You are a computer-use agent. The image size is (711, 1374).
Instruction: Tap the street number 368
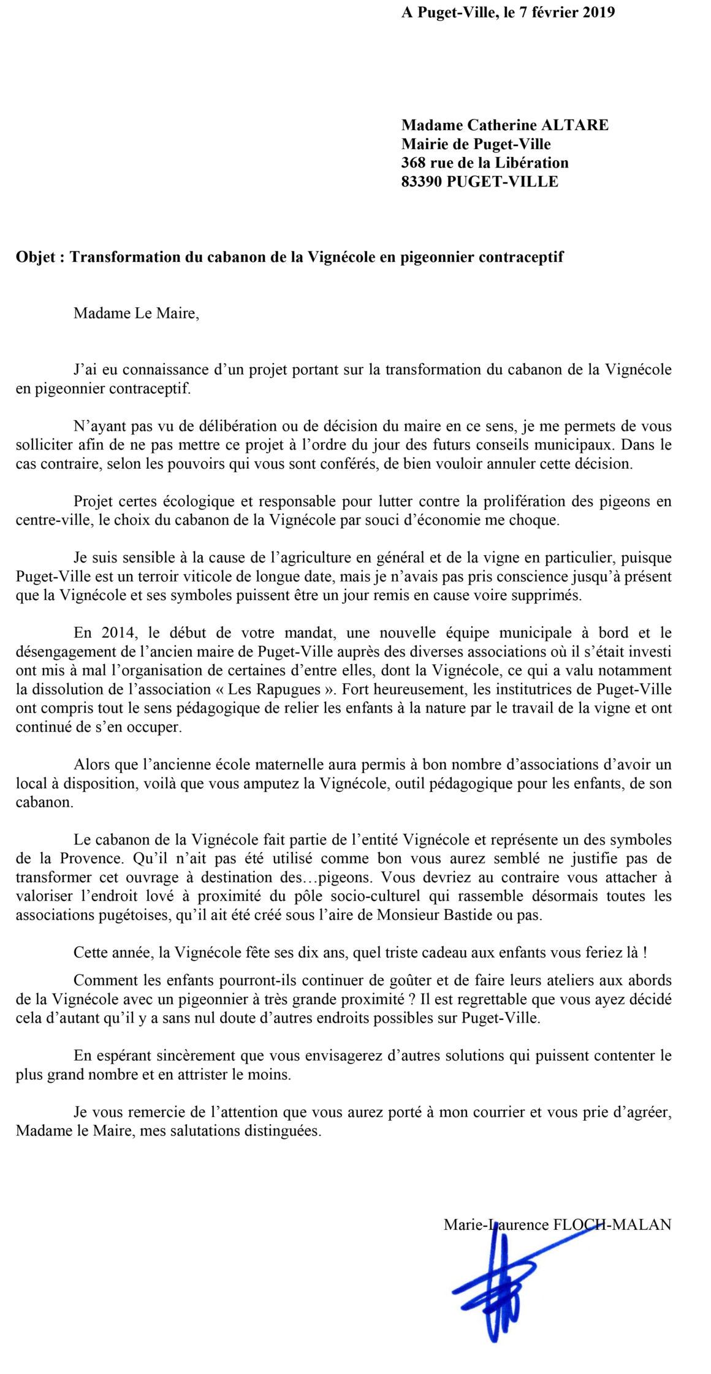click(x=414, y=163)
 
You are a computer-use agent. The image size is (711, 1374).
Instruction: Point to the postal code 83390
click(x=422, y=182)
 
